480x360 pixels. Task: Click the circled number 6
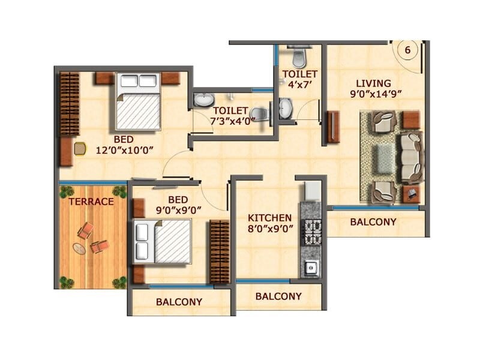tap(407, 50)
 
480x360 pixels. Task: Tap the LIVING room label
tap(373, 83)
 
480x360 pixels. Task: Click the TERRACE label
tap(91, 202)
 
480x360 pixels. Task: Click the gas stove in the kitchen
tap(311, 231)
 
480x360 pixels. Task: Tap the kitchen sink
tap(310, 268)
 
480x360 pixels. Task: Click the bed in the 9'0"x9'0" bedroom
tap(163, 241)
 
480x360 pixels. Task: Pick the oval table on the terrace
tap(79, 248)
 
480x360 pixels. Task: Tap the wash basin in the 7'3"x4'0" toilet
tap(202, 100)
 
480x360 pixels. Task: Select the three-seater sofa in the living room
tap(411, 158)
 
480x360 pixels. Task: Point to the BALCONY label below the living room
tap(373, 222)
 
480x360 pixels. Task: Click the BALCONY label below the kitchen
tap(278, 296)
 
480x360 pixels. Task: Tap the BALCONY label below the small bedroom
tap(179, 302)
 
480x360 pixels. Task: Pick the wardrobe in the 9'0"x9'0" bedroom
tap(220, 251)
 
